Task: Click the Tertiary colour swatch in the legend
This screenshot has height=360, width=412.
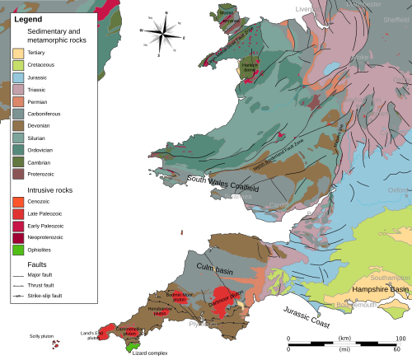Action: pos(18,52)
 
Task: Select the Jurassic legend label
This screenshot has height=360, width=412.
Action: pos(38,77)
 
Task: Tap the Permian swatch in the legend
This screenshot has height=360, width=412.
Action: pos(18,101)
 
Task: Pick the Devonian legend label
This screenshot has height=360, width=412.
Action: pos(40,126)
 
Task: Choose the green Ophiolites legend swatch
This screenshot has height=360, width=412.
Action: pos(18,249)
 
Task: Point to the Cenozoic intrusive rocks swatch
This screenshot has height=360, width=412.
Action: pos(18,201)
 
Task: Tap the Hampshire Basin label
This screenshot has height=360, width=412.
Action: pos(380,289)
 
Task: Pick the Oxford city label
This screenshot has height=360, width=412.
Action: pos(398,190)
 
